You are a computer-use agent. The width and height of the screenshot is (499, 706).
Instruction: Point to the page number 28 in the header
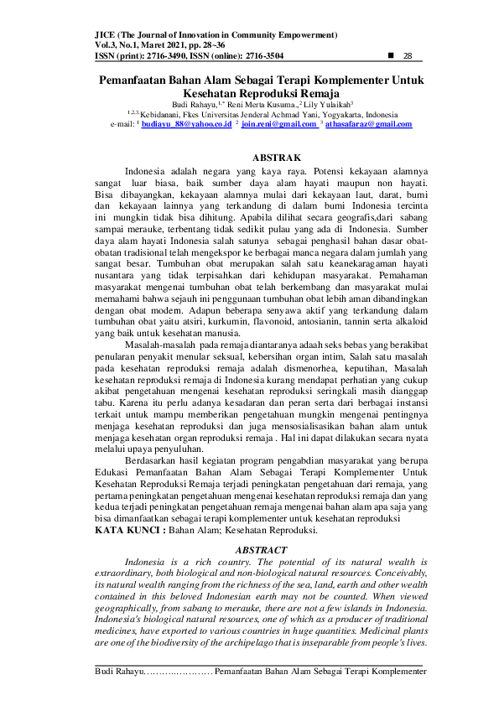click(x=409, y=56)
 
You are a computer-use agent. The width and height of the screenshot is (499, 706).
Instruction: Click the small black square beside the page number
click(x=392, y=56)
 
